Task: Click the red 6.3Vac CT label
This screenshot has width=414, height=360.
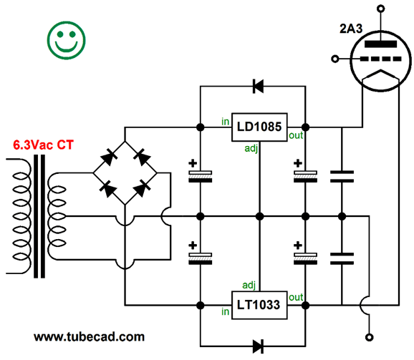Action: (43, 145)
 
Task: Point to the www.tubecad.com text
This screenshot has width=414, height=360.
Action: (90, 337)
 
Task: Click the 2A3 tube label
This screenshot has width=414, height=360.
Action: (351, 29)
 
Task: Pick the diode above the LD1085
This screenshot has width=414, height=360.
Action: (258, 86)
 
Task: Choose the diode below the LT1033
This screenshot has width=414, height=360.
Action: (258, 346)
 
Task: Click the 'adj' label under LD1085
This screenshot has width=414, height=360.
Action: (251, 148)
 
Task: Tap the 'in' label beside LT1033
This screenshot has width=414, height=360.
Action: (225, 312)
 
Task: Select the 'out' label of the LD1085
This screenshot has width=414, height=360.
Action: (296, 135)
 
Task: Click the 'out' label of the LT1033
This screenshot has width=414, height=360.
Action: (296, 298)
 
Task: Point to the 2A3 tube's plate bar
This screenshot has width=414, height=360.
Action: (380, 44)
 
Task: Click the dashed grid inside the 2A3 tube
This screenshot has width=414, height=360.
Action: (380, 59)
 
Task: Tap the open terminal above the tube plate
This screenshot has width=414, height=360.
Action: (380, 9)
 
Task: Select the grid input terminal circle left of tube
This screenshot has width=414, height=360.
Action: (335, 59)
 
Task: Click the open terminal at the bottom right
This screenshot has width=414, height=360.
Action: (370, 337)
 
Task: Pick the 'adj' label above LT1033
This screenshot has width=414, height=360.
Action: (249, 286)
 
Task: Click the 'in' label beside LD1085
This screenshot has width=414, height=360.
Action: (225, 122)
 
